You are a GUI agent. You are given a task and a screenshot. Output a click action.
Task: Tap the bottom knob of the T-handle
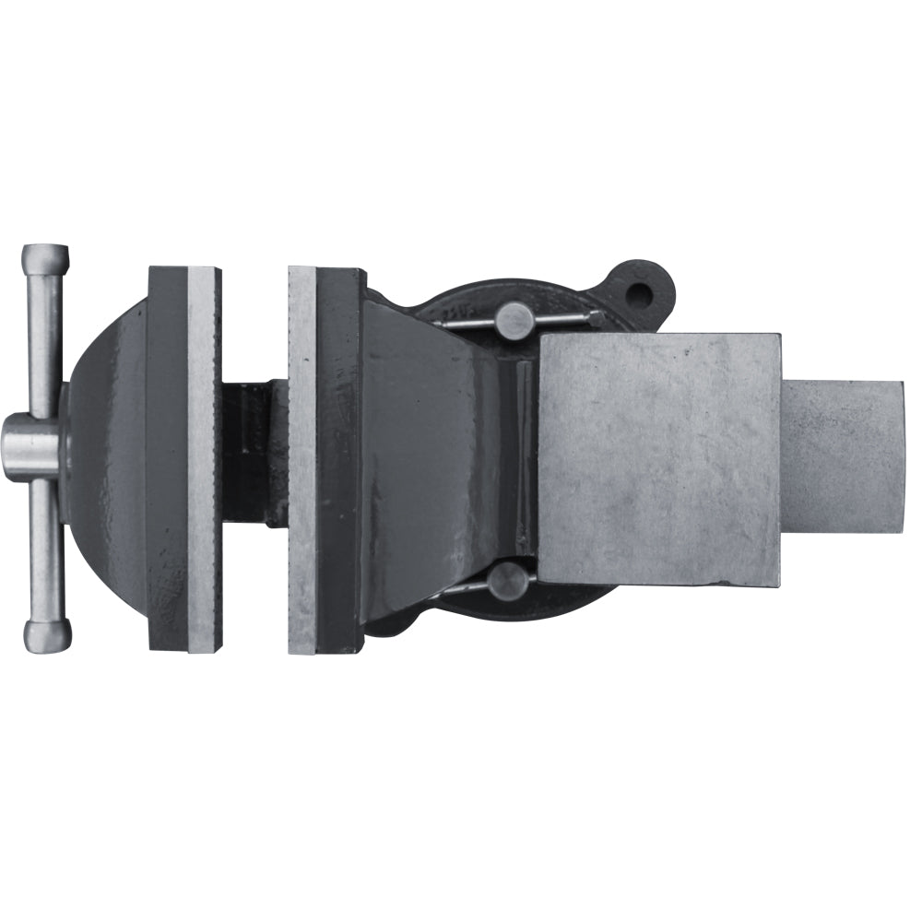tap(47, 636)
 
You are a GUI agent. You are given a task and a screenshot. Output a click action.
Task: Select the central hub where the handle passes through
tap(31, 447)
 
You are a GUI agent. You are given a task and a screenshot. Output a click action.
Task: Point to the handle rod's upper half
tap(44, 341)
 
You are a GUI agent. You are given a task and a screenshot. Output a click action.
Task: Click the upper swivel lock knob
tap(514, 320)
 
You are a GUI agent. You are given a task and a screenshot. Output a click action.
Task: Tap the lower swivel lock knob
tap(509, 581)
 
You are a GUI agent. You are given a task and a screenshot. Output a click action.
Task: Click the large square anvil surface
tap(659, 459)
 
